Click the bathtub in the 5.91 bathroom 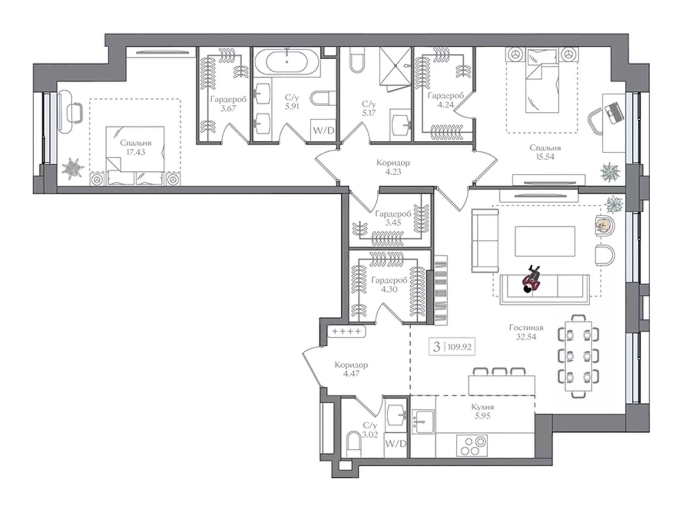(x=287, y=62)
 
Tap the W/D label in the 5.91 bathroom (x=323, y=130)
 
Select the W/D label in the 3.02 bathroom (x=396, y=444)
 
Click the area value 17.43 (x=136, y=152)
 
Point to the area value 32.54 (x=526, y=337)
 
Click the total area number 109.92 (x=459, y=347)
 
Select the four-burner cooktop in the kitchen (x=472, y=446)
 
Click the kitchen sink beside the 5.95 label (x=423, y=421)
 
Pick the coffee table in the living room (x=545, y=241)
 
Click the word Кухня (x=482, y=407)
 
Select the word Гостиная (x=526, y=327)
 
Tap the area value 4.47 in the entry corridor (x=351, y=374)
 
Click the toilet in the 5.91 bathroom (x=323, y=98)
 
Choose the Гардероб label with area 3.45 (x=393, y=213)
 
